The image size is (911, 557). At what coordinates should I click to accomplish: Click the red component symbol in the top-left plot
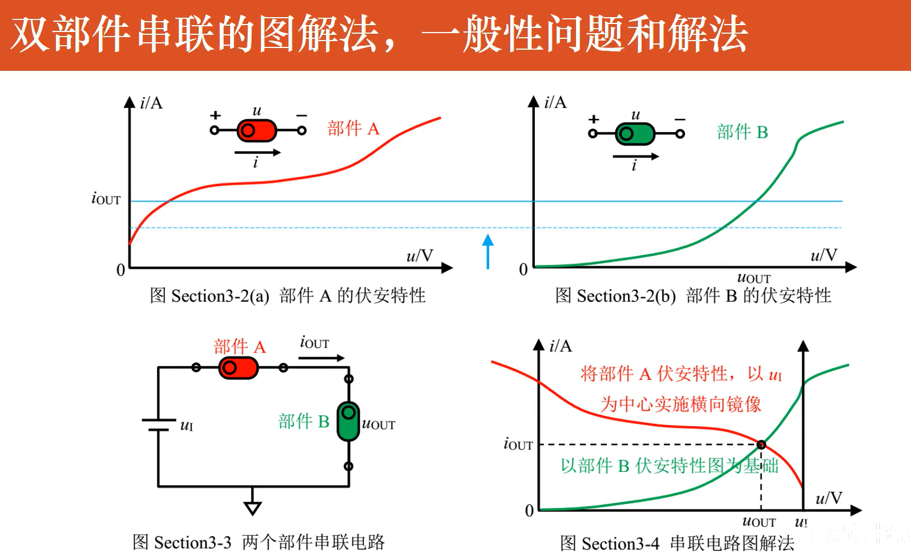pos(256,131)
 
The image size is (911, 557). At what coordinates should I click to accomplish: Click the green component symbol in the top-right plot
pos(635,134)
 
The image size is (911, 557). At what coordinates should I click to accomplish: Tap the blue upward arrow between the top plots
pos(487,251)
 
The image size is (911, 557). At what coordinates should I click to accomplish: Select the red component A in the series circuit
pos(239,368)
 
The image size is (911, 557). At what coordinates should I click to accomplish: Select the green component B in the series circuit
pos(348,422)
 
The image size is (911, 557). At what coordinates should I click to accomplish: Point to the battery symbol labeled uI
pos(159,425)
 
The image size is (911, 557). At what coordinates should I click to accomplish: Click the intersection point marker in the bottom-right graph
pos(761,444)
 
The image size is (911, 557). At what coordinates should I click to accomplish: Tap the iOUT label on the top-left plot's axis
pos(106,198)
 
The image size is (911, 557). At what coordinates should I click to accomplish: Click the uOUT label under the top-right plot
pos(753,278)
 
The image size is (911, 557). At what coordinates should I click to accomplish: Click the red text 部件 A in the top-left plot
pos(353,129)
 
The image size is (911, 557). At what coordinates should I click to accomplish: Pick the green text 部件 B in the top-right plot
pos(742,132)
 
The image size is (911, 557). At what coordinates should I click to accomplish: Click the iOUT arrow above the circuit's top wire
pos(321,358)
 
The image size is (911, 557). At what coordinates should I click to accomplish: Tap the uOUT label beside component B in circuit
pos(378,424)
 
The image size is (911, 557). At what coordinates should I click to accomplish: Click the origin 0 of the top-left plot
pos(120,270)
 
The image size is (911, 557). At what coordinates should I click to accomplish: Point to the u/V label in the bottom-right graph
pos(828,498)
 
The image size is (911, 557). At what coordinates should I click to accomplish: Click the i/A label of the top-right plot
pos(555,102)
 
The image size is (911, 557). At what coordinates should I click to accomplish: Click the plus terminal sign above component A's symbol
pos(215,115)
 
